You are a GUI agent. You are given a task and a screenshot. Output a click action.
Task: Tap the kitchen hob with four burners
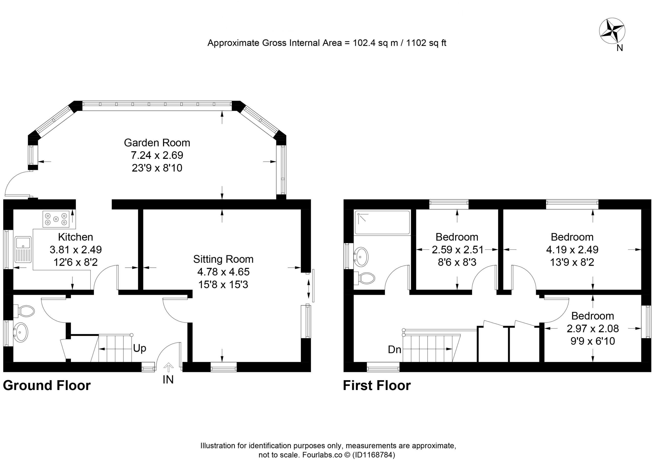[56, 219]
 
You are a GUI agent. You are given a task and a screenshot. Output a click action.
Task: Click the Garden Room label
[157, 143]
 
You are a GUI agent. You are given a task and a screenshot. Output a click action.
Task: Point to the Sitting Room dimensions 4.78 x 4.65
[223, 272]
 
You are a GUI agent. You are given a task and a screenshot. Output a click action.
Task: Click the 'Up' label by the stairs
[139, 349]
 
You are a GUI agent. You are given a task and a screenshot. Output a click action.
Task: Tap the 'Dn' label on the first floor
[394, 350]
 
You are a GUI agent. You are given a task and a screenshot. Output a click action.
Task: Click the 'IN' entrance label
[168, 380]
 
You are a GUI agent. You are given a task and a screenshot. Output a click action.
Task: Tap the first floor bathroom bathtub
[382, 222]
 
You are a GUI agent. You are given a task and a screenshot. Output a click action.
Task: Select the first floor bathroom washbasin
[361, 257]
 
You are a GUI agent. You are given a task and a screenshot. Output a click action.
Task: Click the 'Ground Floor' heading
[47, 385]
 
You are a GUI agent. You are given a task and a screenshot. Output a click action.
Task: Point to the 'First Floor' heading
[377, 385]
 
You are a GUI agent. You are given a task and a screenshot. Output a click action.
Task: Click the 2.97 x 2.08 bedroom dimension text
[593, 329]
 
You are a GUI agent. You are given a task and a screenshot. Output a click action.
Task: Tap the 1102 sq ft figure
[426, 43]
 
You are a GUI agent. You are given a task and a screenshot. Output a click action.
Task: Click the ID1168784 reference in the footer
[373, 455]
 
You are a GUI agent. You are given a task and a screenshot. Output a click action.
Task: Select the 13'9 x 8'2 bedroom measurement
[572, 262]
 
